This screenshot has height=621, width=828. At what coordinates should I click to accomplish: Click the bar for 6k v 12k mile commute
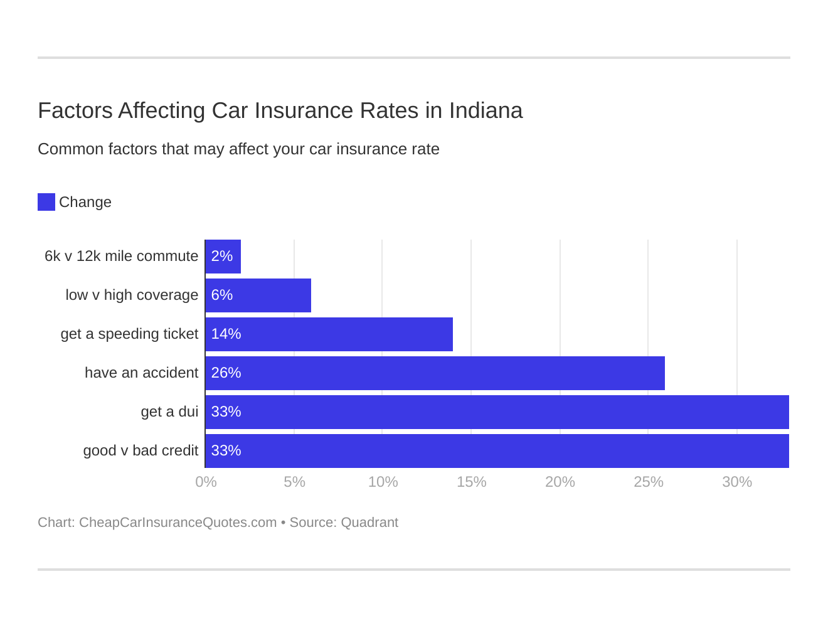223,257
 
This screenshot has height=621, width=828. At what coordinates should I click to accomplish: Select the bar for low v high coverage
258,295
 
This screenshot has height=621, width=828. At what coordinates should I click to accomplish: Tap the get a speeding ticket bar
329,334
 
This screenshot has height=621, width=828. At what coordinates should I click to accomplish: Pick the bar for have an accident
435,373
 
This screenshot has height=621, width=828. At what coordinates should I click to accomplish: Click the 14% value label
226,334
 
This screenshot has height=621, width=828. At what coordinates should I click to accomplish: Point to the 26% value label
226,373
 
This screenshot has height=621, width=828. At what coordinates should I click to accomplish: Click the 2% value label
222,257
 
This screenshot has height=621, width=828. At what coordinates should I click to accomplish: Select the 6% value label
222,295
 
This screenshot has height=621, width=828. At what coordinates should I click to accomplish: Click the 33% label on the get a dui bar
226,412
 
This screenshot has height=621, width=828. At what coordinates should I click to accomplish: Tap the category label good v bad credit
141,451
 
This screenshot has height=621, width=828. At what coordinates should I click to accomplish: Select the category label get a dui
169,412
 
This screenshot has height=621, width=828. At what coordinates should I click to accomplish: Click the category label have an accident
141,373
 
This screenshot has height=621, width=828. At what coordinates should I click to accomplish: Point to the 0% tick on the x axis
206,482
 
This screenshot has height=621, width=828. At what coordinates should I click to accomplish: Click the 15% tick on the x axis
471,482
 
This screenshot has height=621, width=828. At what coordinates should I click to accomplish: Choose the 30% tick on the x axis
736,482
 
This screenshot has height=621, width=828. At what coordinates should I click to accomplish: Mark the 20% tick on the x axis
560,482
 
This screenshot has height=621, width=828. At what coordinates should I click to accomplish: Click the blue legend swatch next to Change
46,202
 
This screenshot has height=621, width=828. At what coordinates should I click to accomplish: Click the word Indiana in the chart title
486,110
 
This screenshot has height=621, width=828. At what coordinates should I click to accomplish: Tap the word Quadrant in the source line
369,523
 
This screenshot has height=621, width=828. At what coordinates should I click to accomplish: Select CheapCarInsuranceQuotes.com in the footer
178,523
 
